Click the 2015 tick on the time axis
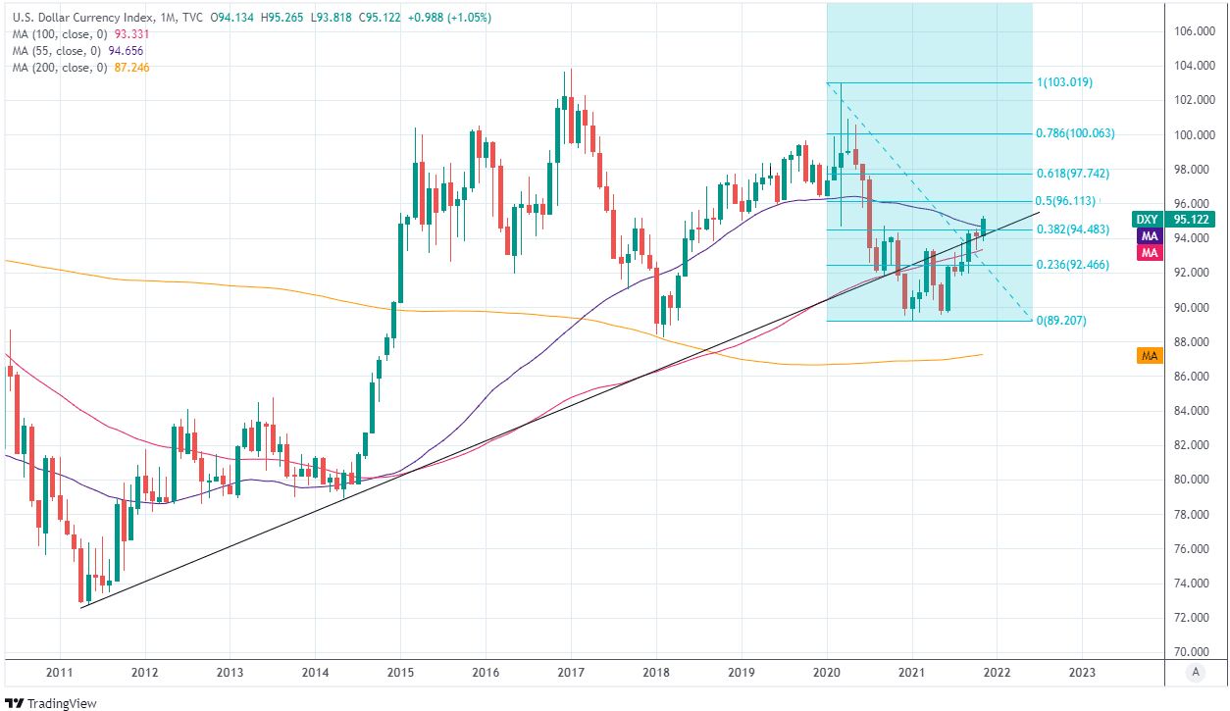pos(400,672)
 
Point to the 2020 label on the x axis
pos(827,672)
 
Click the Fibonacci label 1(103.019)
pos(1064,82)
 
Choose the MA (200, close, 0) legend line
pos(59,68)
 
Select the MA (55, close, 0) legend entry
pos(56,51)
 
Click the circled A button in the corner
pos(1195,672)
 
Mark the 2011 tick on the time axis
pos(59,672)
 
